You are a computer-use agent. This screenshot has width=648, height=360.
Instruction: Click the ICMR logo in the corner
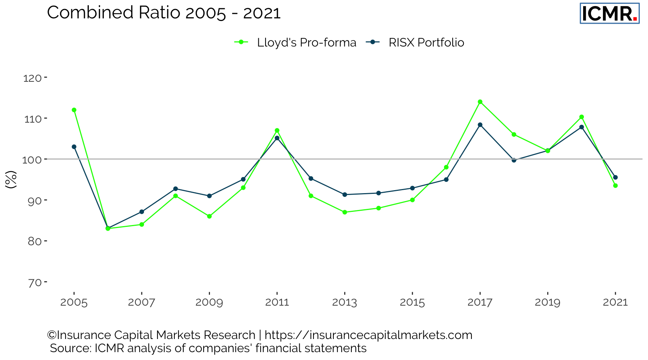609,13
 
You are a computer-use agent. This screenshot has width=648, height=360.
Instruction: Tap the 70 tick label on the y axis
34,282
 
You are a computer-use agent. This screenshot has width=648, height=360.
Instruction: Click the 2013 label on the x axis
344,302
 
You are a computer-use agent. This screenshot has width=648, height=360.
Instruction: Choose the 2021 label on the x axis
615,302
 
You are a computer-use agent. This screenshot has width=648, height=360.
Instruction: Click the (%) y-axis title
11,179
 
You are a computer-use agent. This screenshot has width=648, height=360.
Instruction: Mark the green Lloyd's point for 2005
74,110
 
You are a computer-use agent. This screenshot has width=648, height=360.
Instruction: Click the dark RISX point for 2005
74,147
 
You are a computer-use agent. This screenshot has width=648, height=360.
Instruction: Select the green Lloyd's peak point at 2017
480,102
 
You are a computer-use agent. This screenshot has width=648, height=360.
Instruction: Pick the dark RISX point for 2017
480,125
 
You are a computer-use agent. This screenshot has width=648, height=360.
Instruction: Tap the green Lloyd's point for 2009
209,216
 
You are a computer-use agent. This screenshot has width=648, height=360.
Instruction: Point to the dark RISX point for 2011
277,138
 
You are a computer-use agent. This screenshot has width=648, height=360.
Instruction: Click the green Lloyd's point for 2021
615,186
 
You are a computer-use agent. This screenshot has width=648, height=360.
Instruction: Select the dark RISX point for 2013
345,195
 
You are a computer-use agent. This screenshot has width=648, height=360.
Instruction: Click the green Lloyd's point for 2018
514,135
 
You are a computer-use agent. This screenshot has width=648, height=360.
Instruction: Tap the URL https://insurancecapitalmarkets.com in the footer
368,335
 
